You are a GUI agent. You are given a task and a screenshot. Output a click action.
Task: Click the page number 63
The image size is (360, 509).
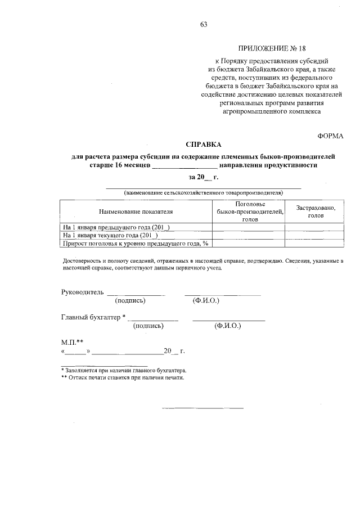(x=204, y=24)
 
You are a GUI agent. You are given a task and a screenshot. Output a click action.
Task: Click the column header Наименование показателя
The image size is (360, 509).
(x=136, y=211)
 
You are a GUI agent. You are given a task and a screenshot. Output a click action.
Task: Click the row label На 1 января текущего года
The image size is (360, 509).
(x=110, y=235)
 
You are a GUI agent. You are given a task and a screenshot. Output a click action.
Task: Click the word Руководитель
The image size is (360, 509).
(x=82, y=292)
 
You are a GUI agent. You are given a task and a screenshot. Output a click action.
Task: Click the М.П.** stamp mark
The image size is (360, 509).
(x=72, y=342)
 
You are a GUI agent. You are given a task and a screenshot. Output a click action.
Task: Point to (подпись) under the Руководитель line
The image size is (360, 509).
(x=130, y=301)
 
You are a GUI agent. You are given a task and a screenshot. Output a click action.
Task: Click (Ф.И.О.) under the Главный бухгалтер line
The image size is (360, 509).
(x=227, y=326)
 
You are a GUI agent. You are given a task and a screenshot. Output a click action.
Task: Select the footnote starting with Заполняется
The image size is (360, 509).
(x=124, y=371)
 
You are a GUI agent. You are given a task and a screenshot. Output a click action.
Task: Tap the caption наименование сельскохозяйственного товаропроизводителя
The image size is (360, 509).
(x=203, y=193)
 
